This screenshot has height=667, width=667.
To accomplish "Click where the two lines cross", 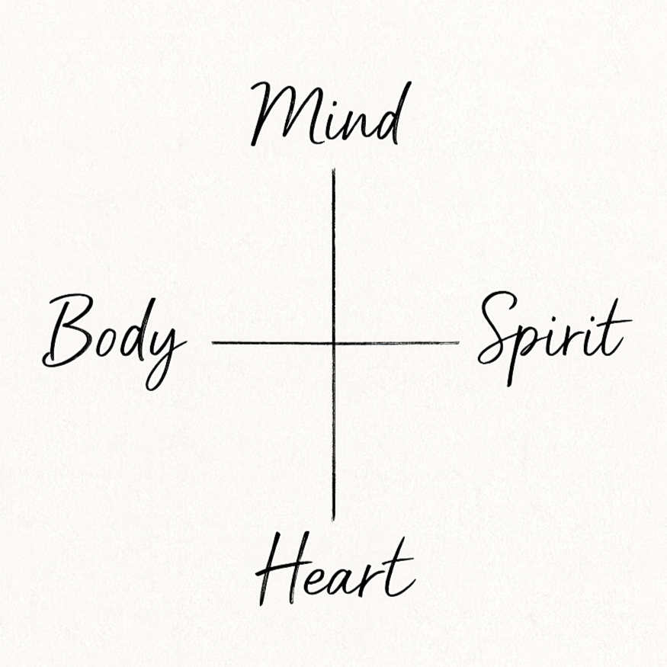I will point(334,343).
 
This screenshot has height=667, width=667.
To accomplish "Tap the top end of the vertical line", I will point(334,170).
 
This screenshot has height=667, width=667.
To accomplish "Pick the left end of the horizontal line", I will point(213,343).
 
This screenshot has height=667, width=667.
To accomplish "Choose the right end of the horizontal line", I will point(459,343).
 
